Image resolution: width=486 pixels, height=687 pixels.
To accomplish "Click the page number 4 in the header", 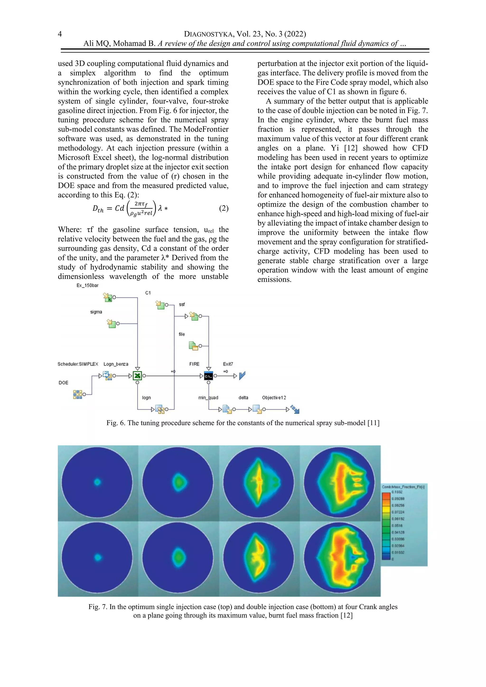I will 60,34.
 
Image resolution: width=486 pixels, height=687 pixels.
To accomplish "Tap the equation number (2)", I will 224,208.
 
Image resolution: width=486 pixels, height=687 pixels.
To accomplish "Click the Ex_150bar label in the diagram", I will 87,285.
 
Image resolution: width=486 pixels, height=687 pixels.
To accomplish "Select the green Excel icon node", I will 137,376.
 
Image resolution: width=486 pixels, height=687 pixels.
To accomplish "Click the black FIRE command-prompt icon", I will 209,376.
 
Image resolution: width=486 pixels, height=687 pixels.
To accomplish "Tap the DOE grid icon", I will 78,394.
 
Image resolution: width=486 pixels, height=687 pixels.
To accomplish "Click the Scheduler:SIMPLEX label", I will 78,364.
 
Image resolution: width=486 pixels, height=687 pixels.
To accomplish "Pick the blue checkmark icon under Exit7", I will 242,376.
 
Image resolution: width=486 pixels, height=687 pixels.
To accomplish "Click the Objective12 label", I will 274,397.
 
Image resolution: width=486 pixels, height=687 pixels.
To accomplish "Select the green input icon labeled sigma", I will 112,323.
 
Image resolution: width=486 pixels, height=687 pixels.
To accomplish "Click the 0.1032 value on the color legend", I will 397,492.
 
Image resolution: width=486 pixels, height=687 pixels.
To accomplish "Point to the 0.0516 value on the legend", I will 397,525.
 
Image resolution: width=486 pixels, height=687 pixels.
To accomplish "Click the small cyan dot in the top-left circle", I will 98,482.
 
